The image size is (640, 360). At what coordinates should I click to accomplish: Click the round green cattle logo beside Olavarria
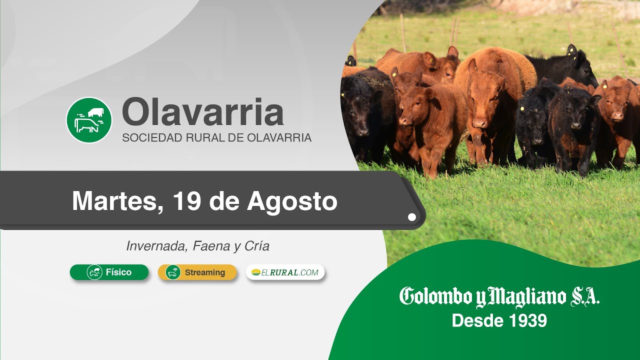click(x=89, y=120)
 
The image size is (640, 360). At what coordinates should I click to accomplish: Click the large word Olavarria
click(x=203, y=111)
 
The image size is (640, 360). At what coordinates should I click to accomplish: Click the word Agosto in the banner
click(x=292, y=203)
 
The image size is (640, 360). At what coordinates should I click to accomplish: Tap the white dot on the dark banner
click(x=411, y=217)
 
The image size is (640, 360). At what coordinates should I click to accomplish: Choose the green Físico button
click(x=109, y=272)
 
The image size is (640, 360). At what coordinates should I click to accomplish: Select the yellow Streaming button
click(x=197, y=272)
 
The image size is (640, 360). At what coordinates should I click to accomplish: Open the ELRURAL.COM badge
click(x=285, y=272)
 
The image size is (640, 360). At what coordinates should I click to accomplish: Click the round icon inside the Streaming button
click(x=173, y=272)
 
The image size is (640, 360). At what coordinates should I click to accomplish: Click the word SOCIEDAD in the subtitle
click(x=152, y=137)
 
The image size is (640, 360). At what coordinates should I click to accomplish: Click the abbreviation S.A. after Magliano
click(x=585, y=297)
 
